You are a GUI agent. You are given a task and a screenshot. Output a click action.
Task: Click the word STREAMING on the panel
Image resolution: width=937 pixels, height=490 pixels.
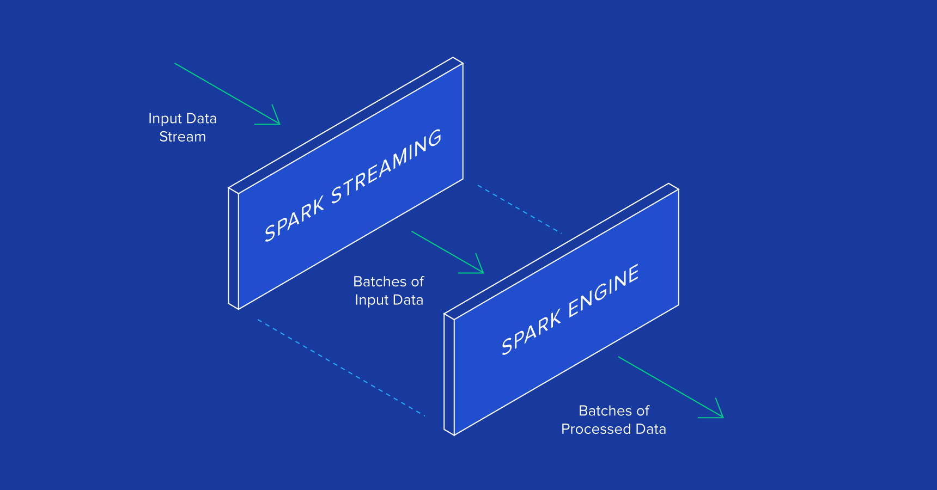386,166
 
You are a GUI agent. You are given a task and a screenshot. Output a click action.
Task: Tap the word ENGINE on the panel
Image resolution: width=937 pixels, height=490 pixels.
604,291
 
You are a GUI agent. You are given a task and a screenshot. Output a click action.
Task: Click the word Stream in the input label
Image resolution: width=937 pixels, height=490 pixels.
182,137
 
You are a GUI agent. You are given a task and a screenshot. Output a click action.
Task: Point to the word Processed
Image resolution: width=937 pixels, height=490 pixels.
596,429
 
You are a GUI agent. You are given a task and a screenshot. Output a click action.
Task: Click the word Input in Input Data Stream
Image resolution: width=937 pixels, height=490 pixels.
165,119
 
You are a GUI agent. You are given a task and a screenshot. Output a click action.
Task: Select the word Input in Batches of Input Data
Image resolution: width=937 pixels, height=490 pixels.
372,300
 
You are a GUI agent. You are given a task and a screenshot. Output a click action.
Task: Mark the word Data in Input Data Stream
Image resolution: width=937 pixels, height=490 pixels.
202,118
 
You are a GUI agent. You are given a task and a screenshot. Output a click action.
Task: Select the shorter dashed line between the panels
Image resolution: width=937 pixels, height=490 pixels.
519,209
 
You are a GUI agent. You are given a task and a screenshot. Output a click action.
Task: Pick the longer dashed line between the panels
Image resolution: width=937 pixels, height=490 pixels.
341,368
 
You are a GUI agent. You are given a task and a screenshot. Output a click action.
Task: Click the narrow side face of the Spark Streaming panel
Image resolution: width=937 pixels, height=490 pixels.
234,248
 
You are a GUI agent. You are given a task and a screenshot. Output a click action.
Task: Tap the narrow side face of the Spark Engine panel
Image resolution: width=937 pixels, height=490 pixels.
449,375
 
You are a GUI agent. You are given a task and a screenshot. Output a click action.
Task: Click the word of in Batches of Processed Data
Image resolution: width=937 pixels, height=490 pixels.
643,411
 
